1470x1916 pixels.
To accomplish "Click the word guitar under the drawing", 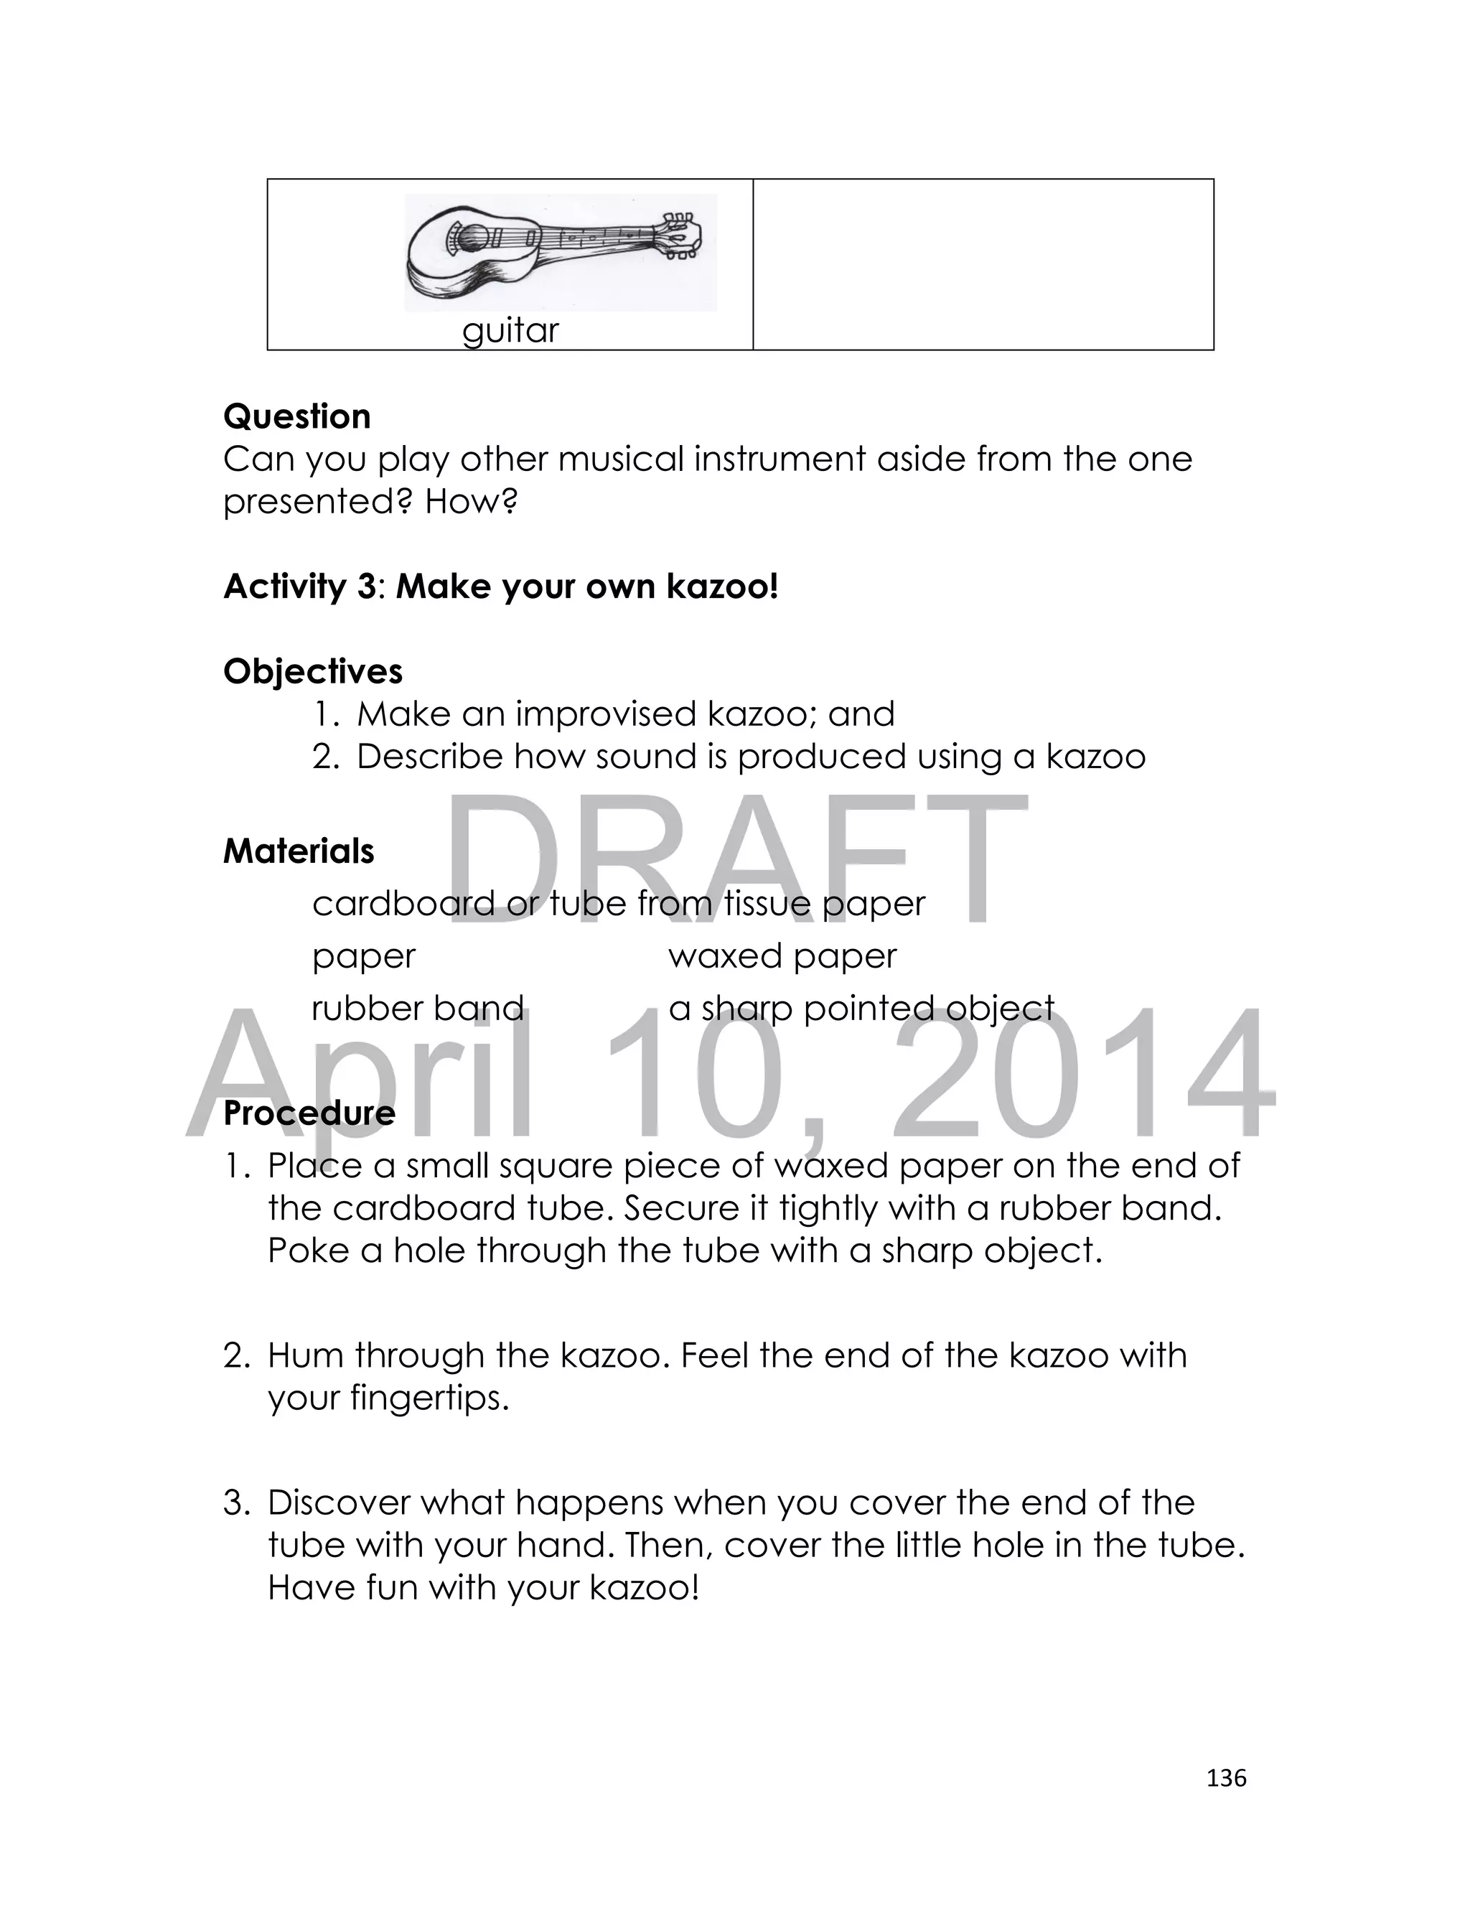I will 510,331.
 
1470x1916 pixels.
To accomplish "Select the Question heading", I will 296,416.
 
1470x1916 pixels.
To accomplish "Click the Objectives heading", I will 312,671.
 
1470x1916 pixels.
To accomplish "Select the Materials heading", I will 299,851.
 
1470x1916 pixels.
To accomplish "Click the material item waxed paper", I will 782,955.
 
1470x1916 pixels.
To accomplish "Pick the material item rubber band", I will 417,1008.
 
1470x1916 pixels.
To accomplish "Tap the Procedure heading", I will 309,1113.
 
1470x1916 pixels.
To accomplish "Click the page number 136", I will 1225,1777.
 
